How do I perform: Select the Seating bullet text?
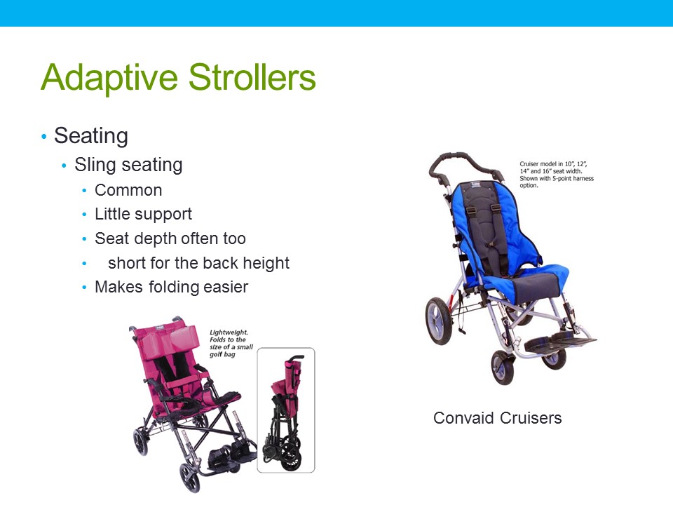(x=90, y=135)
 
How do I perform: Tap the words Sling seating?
(x=128, y=165)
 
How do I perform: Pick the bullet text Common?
(x=128, y=191)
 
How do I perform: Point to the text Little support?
(x=143, y=214)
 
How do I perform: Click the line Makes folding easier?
(x=171, y=287)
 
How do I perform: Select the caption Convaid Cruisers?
(x=497, y=418)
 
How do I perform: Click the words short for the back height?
(x=198, y=263)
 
